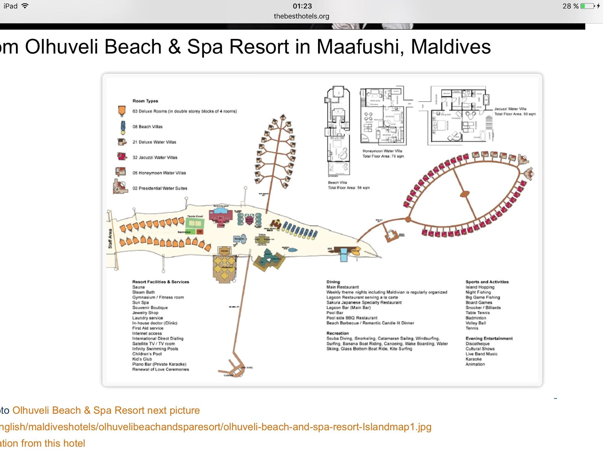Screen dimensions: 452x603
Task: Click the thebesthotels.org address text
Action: click(301, 16)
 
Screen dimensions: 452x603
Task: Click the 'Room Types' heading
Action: click(145, 101)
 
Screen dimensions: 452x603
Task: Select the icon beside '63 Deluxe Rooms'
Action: click(122, 111)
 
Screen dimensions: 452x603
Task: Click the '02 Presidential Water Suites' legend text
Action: click(160, 188)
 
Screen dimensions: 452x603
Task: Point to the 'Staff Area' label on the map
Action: click(110, 239)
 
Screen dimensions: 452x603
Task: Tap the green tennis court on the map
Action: click(195, 223)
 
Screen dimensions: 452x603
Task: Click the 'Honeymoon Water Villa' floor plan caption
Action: click(382, 151)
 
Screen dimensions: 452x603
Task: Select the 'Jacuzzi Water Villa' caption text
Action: click(510, 109)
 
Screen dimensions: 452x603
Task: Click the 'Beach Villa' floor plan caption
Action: click(337, 182)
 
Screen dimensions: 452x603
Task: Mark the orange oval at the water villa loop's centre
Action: click(465, 194)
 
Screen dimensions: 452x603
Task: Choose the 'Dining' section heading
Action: click(333, 282)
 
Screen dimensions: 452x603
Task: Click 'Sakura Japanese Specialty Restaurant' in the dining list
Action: click(364, 302)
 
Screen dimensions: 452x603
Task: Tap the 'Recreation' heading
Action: click(338, 333)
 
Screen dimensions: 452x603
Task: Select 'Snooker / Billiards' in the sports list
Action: click(483, 307)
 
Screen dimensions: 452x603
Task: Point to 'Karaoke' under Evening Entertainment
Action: click(473, 359)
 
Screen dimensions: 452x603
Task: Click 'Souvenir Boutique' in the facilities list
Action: click(150, 307)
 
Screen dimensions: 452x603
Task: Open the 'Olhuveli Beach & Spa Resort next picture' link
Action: click(106, 410)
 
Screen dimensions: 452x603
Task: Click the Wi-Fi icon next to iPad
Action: click(25, 6)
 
